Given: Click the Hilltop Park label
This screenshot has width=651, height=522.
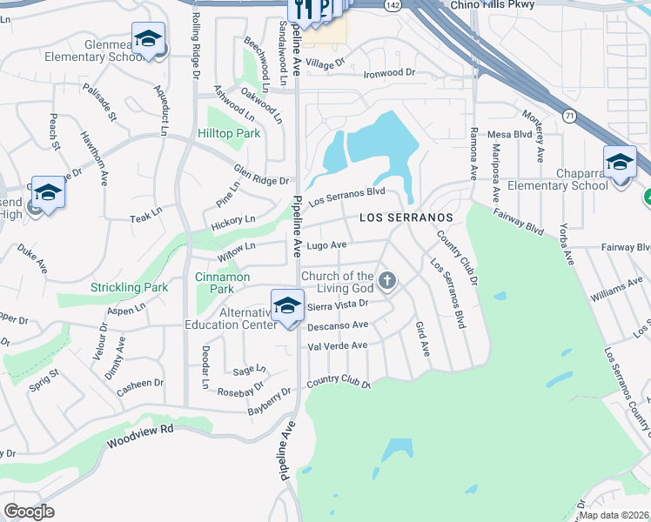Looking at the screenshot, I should (x=229, y=134).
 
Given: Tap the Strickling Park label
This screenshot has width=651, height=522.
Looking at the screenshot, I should (x=130, y=287).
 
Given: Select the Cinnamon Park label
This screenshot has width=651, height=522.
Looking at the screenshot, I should (x=222, y=283).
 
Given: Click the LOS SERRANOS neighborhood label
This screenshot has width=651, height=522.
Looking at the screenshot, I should (x=406, y=217).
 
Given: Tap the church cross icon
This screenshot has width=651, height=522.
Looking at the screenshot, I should (x=387, y=281).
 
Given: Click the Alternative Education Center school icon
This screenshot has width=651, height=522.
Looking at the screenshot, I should (x=287, y=306).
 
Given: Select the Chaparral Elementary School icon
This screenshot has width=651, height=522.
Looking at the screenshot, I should (x=620, y=162).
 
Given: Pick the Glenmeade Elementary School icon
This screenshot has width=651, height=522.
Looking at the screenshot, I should (x=150, y=39).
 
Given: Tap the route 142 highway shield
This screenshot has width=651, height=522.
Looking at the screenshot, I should (x=393, y=5).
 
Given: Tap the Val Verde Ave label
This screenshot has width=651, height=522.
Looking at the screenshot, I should (x=338, y=345).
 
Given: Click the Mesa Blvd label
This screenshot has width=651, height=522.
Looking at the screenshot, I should (x=509, y=135).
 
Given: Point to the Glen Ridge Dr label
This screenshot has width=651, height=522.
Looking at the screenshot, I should (x=261, y=175).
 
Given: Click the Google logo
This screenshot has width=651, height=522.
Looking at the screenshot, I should (x=29, y=511).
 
